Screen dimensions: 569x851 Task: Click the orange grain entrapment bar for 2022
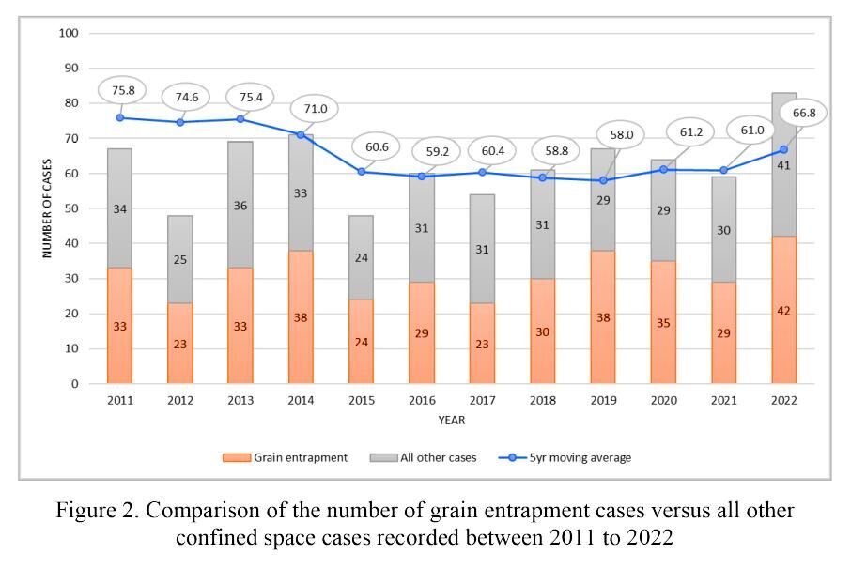[783, 310]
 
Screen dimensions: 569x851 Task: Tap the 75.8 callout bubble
[119, 91]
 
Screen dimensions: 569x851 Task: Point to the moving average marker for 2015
[361, 172]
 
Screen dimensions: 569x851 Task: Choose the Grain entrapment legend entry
[286, 457]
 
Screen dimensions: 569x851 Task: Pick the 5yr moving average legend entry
[565, 457]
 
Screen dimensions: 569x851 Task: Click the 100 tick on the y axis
[69, 33]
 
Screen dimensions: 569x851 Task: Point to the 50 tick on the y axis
[71, 208]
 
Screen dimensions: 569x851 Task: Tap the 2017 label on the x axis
[482, 401]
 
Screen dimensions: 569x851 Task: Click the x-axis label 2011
[119, 401]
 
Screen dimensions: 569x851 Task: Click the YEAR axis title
[451, 420]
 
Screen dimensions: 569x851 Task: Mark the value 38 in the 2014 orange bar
[301, 317]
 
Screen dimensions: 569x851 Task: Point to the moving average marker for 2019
[603, 180]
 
